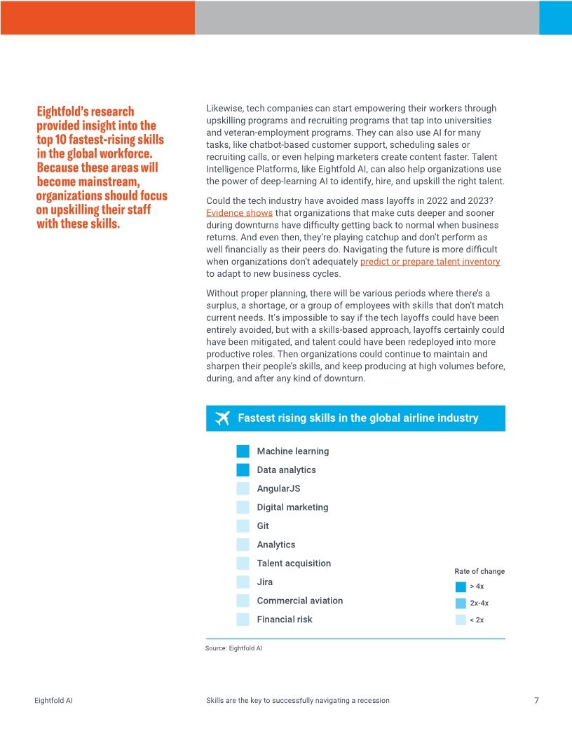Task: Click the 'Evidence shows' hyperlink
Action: pyautogui.click(x=239, y=213)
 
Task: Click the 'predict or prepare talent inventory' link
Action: pyautogui.click(x=430, y=261)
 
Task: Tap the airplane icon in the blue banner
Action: pyautogui.click(x=223, y=418)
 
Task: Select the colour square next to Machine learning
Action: pyautogui.click(x=243, y=451)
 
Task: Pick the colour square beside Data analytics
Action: pyautogui.click(x=243, y=470)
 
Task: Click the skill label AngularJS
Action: pyautogui.click(x=278, y=488)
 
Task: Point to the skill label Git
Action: pyautogui.click(x=263, y=526)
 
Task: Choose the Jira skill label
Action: pyautogui.click(x=265, y=582)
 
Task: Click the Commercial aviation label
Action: pyautogui.click(x=300, y=601)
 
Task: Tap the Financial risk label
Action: pyautogui.click(x=285, y=619)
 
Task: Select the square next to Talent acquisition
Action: pyautogui.click(x=243, y=563)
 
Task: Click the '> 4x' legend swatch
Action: pyautogui.click(x=461, y=587)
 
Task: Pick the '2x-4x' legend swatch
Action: pyautogui.click(x=461, y=603)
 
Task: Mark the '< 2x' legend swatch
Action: pyautogui.click(x=461, y=619)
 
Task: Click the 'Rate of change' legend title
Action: pyautogui.click(x=479, y=571)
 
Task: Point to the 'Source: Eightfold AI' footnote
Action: pyautogui.click(x=233, y=648)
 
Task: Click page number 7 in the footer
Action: pyautogui.click(x=536, y=700)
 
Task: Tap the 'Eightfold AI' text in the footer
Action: pyautogui.click(x=54, y=700)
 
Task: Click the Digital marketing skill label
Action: pyautogui.click(x=292, y=507)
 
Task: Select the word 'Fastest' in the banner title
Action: pyautogui.click(x=256, y=418)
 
